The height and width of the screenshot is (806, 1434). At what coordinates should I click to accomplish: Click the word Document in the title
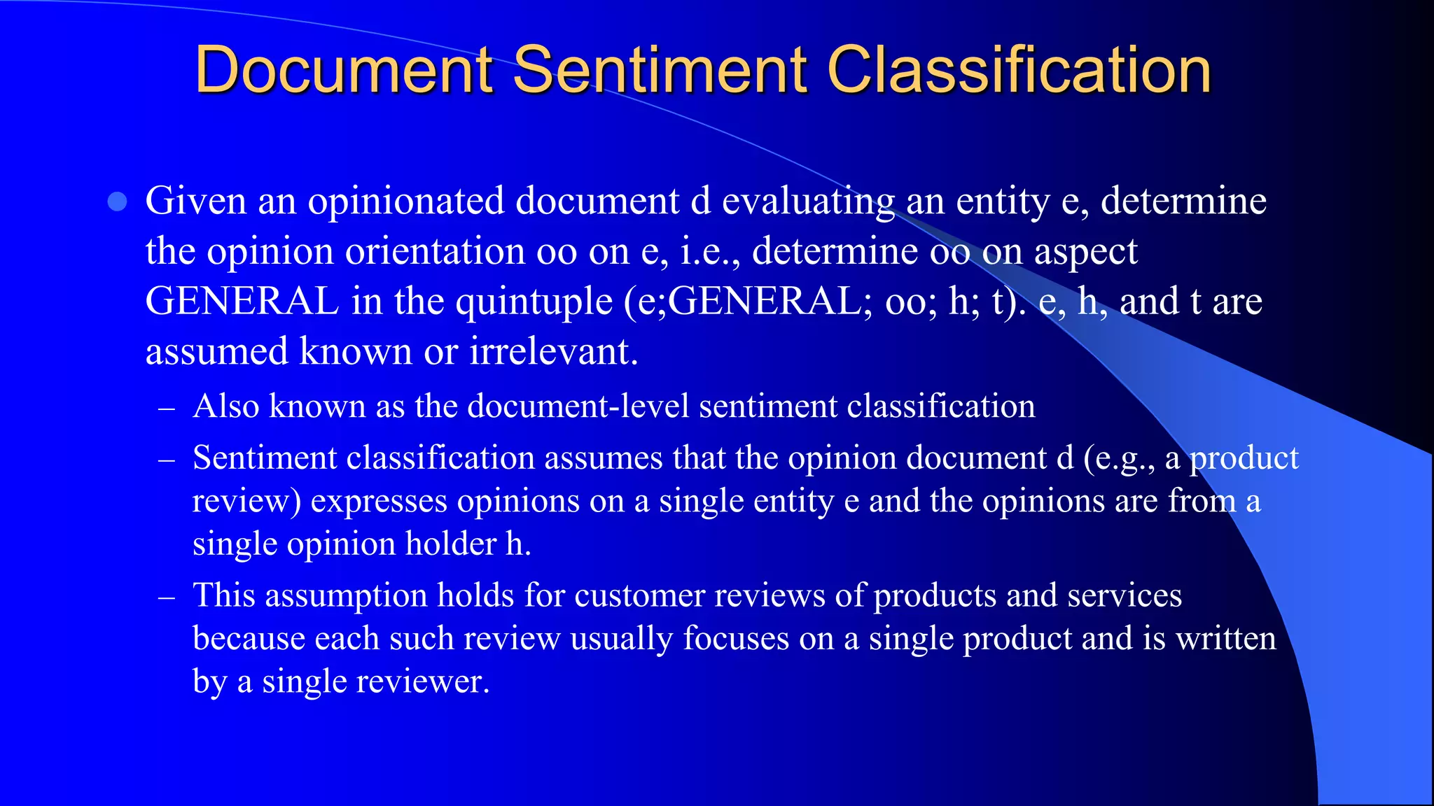tap(344, 69)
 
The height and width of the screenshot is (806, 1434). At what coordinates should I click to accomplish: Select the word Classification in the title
tap(1019, 69)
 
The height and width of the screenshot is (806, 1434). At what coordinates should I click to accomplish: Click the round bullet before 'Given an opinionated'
tap(118, 202)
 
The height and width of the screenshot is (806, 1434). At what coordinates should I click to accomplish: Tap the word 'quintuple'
tap(534, 302)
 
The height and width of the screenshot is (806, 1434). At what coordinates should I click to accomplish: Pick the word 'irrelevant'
tap(553, 351)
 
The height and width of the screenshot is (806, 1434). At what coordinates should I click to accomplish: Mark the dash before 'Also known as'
tap(167, 408)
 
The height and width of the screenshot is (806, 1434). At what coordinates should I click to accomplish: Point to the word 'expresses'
tap(378, 502)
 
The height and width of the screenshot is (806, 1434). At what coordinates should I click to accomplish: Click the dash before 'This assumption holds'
tap(167, 598)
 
